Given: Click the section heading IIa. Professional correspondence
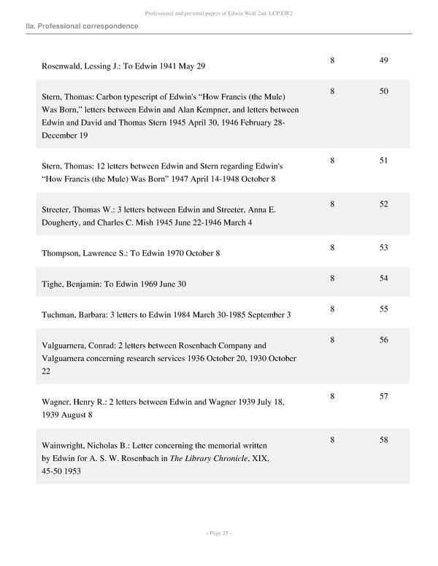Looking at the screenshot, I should coord(82,26).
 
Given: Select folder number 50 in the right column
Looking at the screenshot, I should coord(383,91).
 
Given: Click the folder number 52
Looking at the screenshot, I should coord(383,204).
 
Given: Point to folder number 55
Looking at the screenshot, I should coord(383,309).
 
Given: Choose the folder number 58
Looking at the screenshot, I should coord(383,440).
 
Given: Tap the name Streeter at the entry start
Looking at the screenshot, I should coord(57,210).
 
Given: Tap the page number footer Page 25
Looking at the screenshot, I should coord(218,533).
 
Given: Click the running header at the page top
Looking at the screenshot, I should coord(218,13).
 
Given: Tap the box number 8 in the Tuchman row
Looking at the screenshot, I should coord(332,309).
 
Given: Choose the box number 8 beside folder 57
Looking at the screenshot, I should coord(332,396).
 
